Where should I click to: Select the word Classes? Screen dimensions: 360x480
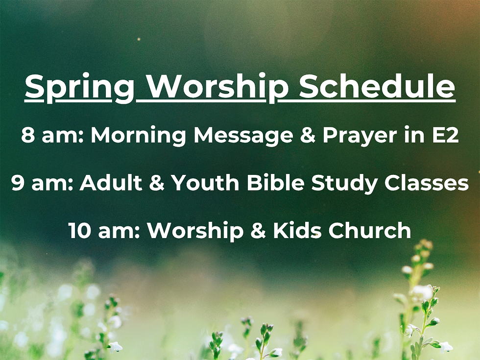pos(427,183)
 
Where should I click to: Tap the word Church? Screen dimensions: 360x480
pos(370,230)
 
